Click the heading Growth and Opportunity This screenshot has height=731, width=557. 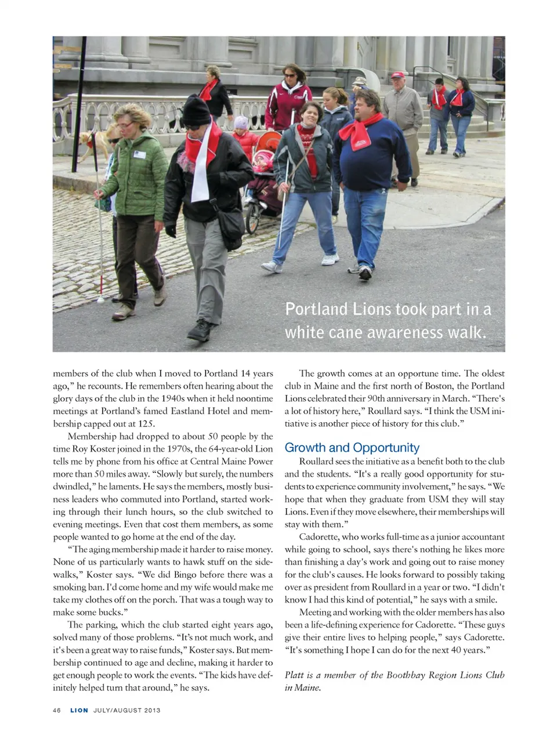point(352,448)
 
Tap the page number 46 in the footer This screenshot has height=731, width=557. point(57,710)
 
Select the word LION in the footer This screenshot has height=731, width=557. point(79,710)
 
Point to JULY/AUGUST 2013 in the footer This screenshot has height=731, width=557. point(127,710)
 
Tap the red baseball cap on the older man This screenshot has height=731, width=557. point(397,75)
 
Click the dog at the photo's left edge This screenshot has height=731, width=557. point(96,142)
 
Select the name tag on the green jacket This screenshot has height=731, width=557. point(139,154)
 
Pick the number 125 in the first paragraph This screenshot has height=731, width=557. point(146,424)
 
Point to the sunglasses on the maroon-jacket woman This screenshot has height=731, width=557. point(290,76)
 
